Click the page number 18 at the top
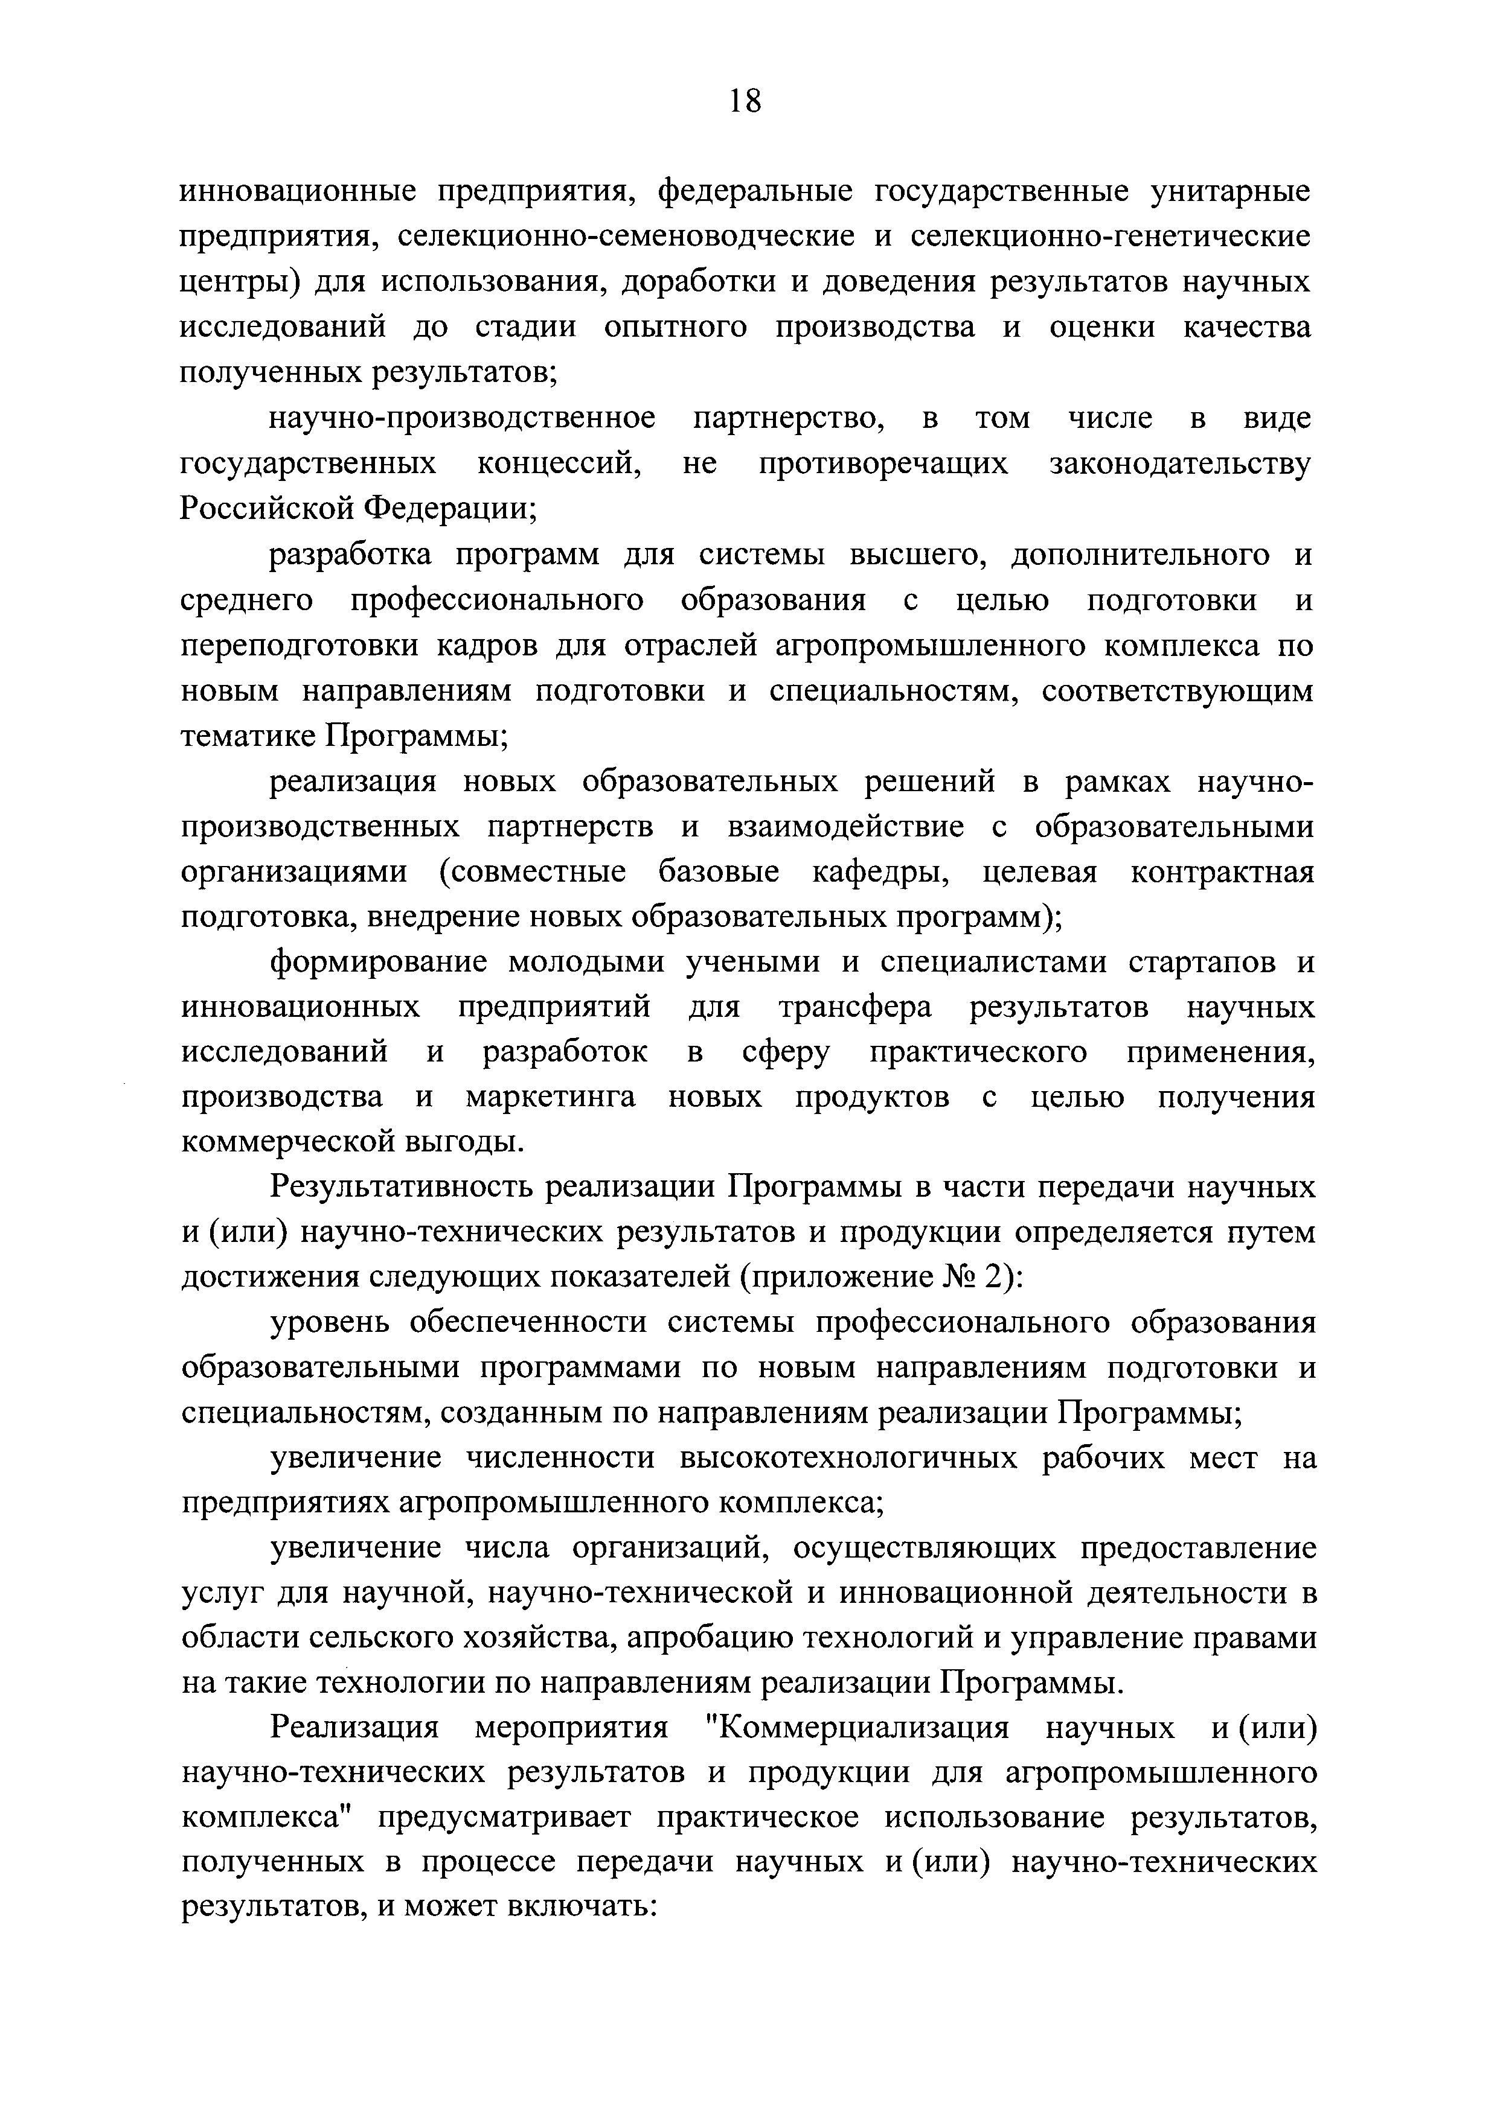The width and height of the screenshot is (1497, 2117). coord(745,100)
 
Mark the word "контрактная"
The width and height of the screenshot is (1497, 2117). coord(1222,871)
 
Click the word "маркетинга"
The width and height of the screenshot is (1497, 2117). coord(551,1097)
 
